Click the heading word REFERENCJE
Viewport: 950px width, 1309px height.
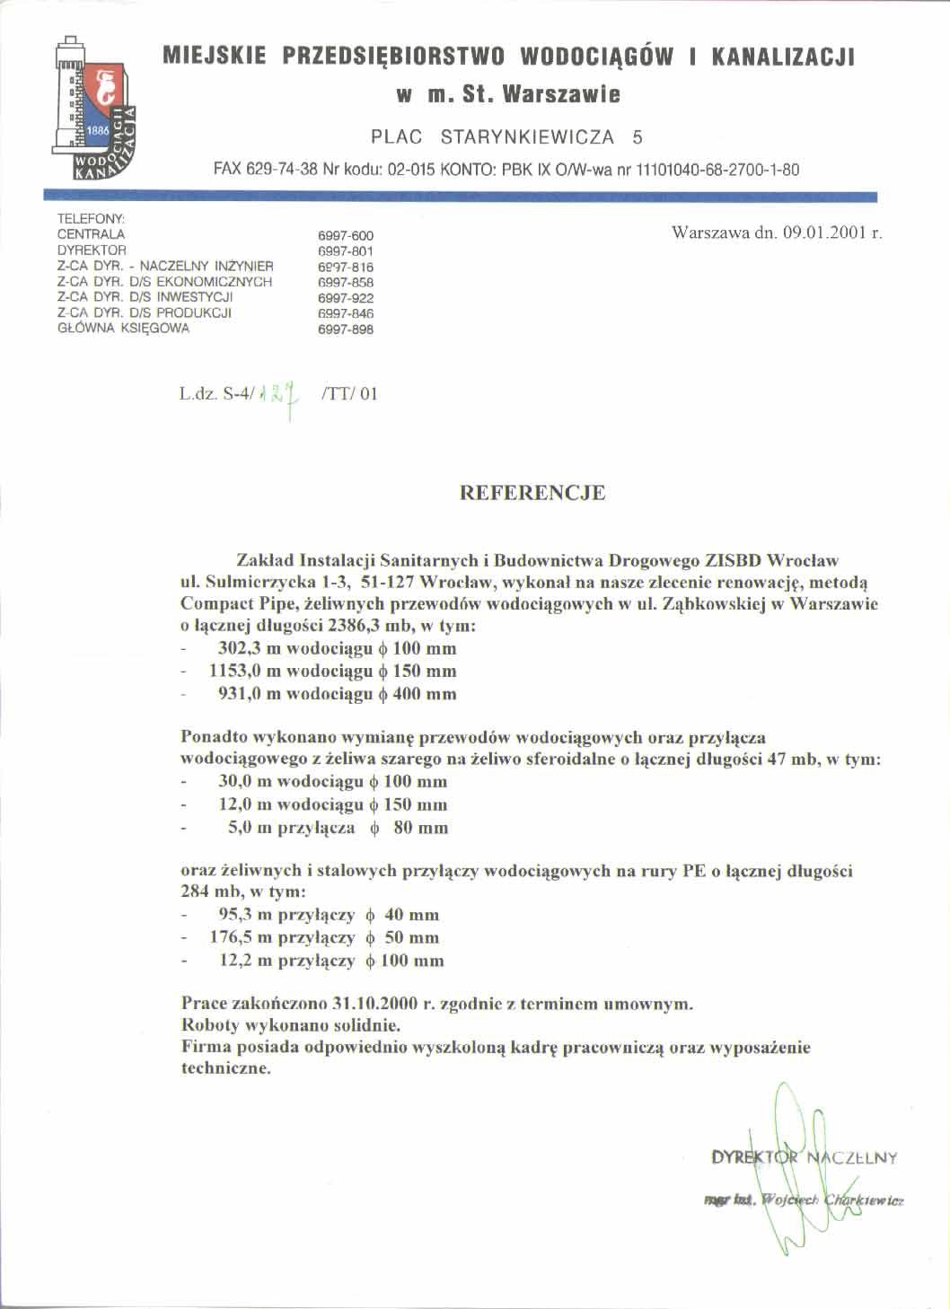click(x=532, y=493)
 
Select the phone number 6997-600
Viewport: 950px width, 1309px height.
click(x=346, y=235)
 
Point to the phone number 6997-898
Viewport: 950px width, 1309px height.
click(x=346, y=329)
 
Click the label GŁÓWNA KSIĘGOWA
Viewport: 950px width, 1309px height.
click(x=123, y=329)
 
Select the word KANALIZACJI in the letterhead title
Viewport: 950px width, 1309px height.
click(x=782, y=57)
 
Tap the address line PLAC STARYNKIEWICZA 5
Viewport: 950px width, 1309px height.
click(x=507, y=137)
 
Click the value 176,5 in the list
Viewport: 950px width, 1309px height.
click(x=235, y=937)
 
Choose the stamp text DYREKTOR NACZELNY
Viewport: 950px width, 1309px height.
click(x=804, y=1157)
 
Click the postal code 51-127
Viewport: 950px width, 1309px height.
click(x=390, y=581)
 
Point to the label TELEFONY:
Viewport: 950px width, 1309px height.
click(x=91, y=218)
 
